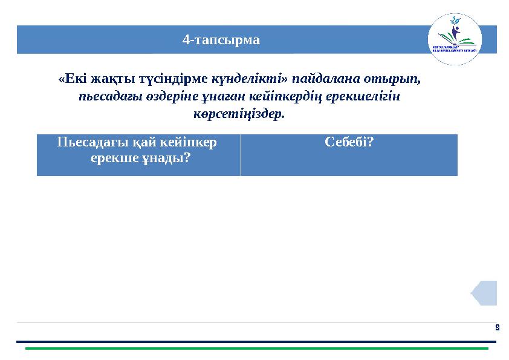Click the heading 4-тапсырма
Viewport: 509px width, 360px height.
(x=221, y=41)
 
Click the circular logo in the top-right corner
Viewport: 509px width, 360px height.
(x=455, y=39)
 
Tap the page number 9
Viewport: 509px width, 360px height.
(x=497, y=327)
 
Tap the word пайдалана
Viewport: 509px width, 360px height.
(x=321, y=79)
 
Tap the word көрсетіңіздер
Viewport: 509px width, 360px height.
(x=238, y=114)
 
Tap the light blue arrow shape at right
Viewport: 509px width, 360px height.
(x=485, y=293)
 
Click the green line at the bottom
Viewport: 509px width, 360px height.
(x=256, y=349)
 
